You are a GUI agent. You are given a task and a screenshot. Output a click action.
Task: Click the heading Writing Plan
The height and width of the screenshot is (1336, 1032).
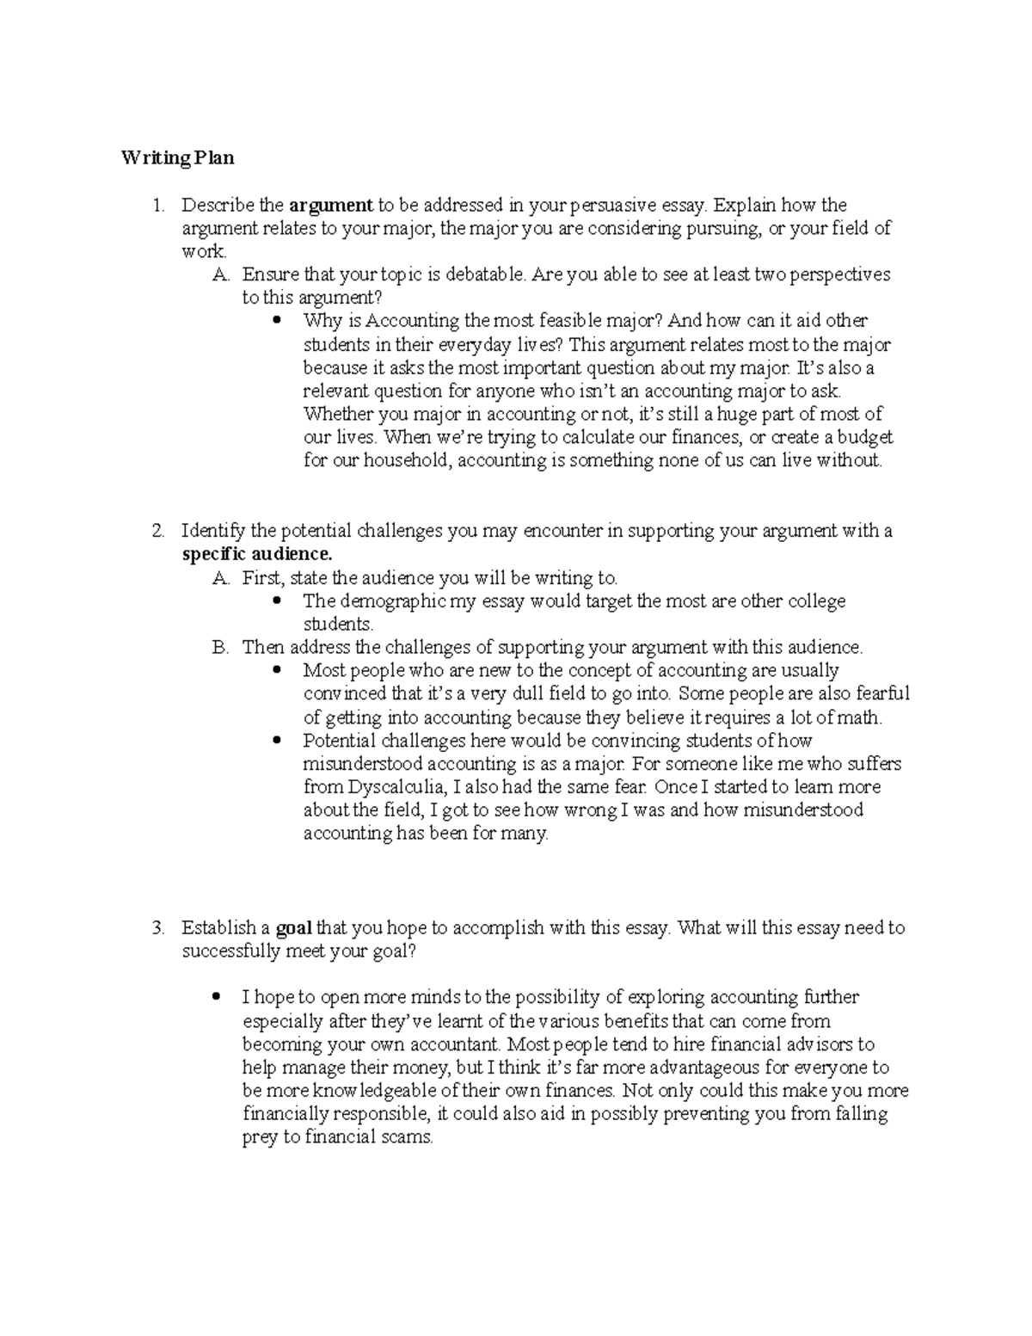(x=177, y=158)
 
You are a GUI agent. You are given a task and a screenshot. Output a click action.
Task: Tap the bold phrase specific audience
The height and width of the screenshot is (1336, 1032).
(x=256, y=554)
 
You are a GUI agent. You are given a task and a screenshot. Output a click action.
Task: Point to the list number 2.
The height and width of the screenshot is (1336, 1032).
(x=157, y=531)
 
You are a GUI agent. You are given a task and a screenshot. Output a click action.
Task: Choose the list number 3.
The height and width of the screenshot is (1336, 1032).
(x=157, y=928)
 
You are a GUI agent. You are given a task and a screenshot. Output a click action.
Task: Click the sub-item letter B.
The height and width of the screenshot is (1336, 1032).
(x=219, y=647)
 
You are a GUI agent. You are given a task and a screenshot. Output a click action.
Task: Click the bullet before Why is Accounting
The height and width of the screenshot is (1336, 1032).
(x=276, y=321)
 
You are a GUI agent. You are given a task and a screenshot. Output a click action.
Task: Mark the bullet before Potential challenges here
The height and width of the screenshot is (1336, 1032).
(x=276, y=740)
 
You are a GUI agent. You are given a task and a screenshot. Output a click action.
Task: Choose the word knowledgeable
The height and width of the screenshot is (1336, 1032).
(x=375, y=1091)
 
